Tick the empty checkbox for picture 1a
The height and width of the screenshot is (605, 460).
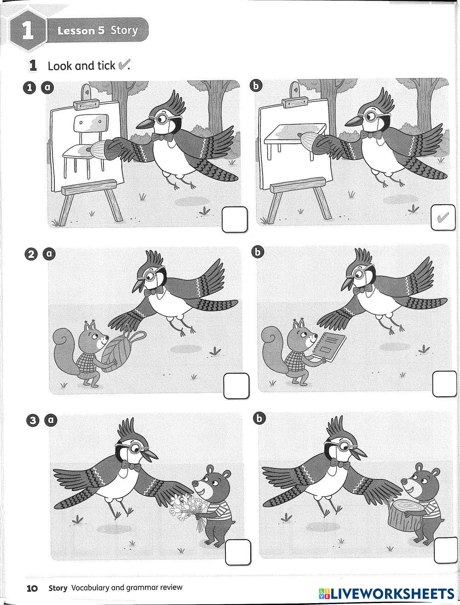click(x=235, y=219)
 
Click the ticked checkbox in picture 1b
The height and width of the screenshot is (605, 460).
click(x=443, y=218)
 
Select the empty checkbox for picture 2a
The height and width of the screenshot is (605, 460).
click(x=236, y=386)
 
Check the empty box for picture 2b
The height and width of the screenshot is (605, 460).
click(x=444, y=384)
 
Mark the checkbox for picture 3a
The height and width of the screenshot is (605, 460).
click(x=238, y=552)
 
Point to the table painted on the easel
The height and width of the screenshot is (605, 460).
click(x=294, y=140)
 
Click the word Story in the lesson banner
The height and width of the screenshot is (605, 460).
click(x=124, y=30)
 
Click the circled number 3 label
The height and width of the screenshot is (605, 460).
click(x=33, y=421)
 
